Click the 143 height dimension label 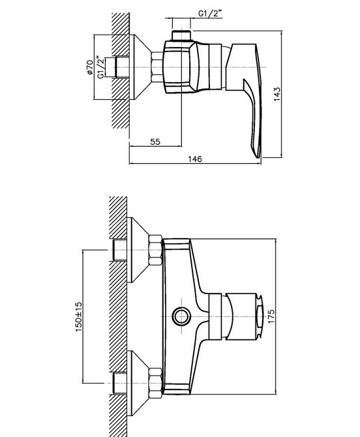(x=277, y=94)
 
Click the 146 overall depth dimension (x=195, y=159)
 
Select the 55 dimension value (x=155, y=142)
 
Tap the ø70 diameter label (x=90, y=67)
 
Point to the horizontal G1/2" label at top (x=211, y=13)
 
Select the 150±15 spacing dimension (x=79, y=316)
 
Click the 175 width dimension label (x=271, y=316)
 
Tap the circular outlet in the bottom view (x=181, y=316)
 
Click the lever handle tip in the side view (x=258, y=156)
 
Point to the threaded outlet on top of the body (x=181, y=36)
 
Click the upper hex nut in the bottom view (x=155, y=250)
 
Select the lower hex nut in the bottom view (x=155, y=383)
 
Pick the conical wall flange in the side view (x=140, y=67)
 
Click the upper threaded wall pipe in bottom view (x=120, y=250)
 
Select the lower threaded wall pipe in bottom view (x=120, y=383)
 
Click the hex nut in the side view (x=157, y=67)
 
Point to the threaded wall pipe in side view (x=122, y=67)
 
